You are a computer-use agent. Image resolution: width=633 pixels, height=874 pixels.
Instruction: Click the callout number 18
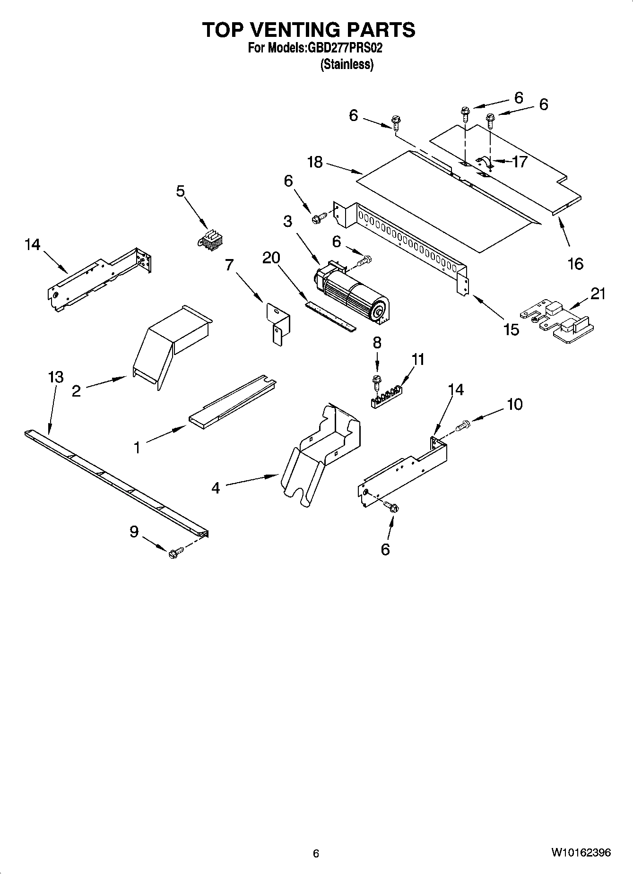[x=314, y=162]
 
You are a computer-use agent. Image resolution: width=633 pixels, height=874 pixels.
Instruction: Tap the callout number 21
[x=598, y=294]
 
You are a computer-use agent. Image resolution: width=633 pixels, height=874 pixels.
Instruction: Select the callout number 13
[x=56, y=377]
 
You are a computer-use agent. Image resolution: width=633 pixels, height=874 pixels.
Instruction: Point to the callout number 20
[x=271, y=258]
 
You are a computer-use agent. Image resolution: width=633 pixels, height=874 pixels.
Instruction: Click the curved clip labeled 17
[x=484, y=163]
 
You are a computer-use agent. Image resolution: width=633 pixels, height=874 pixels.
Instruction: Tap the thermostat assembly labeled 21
[x=558, y=322]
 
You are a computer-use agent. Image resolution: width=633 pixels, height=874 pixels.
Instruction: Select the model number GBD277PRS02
[x=345, y=48]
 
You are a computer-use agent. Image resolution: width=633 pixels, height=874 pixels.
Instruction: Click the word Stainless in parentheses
[x=347, y=64]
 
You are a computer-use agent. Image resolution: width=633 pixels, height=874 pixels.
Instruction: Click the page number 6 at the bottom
[x=316, y=853]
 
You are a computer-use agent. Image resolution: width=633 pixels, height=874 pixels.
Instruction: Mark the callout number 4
[x=216, y=487]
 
